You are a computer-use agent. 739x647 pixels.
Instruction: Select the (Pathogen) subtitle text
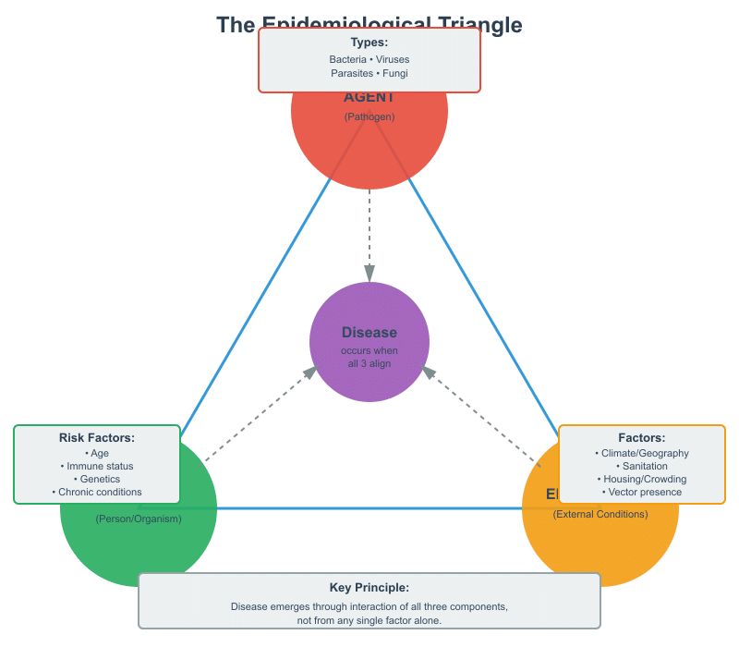click(369, 116)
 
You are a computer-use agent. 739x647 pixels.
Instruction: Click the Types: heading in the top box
click(369, 43)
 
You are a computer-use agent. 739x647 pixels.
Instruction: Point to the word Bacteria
click(347, 59)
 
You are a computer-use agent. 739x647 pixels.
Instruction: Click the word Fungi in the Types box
click(394, 73)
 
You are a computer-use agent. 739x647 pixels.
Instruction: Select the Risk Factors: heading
click(97, 437)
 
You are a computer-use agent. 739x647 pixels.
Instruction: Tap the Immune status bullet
click(97, 467)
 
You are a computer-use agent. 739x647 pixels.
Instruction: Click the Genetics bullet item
click(97, 480)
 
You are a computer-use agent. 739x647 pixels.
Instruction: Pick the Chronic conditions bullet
click(97, 493)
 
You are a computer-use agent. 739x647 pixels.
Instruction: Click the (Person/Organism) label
click(139, 519)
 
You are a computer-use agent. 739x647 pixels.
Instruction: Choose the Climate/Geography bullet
click(642, 454)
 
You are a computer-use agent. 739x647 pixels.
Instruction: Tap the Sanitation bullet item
click(642, 467)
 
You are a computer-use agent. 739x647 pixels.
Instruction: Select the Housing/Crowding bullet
click(642, 480)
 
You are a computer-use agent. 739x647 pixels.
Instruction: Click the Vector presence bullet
click(642, 493)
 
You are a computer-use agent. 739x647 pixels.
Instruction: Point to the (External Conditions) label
click(600, 514)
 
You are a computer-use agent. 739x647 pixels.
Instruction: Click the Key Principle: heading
click(369, 587)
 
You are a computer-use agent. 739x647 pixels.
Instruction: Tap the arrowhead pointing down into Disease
click(369, 274)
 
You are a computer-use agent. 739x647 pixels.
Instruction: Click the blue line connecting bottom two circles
click(369, 508)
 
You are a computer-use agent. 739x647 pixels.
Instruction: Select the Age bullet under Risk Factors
click(97, 454)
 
